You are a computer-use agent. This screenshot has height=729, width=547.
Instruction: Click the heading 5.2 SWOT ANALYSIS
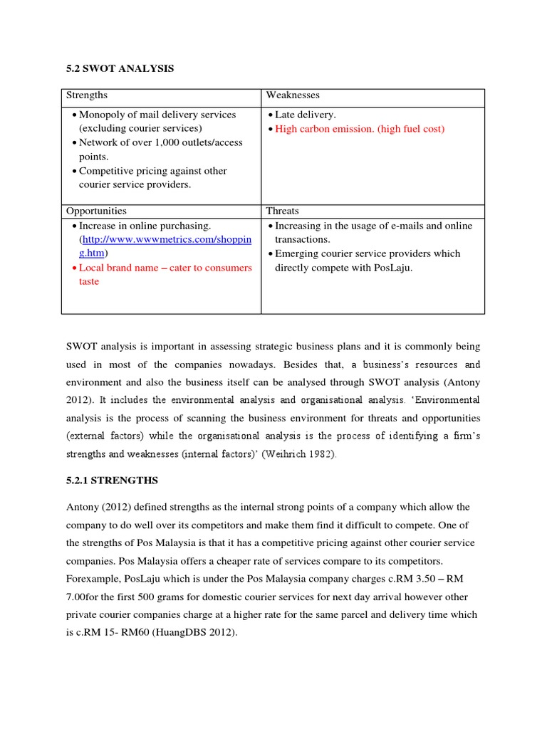coord(120,68)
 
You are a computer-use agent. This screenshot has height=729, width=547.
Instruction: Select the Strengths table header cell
coord(87,95)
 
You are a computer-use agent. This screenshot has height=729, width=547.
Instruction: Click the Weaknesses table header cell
coord(293,95)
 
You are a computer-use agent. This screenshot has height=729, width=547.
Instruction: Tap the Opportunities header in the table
coord(96,211)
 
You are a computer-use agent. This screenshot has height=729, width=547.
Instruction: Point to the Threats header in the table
coord(282,211)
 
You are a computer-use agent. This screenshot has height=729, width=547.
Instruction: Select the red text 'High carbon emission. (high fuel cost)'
coord(359,129)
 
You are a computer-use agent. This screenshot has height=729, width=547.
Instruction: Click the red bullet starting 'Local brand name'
coord(165,268)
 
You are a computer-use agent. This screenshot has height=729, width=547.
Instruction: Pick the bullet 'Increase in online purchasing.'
coord(145,226)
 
